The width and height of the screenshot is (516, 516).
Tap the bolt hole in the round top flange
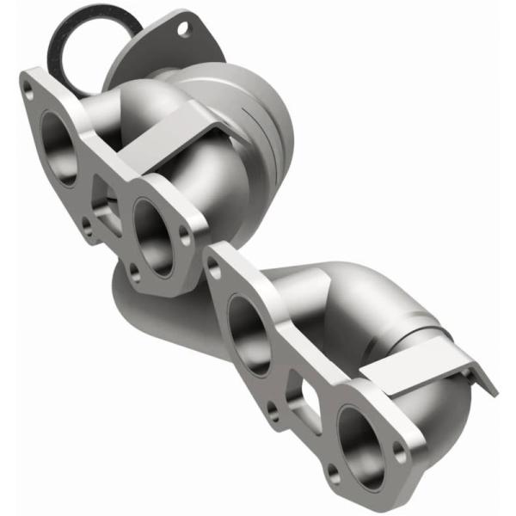coord(182,28)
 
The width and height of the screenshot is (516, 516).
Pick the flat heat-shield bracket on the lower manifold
coord(413,365)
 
